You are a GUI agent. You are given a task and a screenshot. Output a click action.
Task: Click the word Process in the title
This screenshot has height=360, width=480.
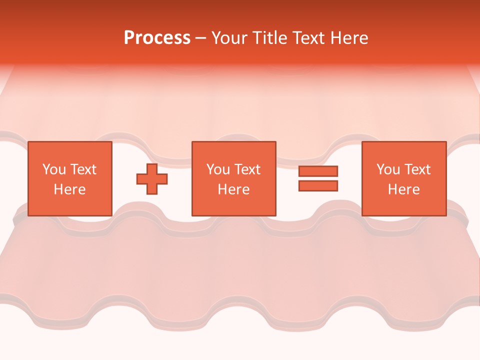point(157,38)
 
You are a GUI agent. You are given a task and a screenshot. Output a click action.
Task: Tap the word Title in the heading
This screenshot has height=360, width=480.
point(269,38)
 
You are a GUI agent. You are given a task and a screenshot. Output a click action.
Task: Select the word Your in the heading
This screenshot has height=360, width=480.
point(230,38)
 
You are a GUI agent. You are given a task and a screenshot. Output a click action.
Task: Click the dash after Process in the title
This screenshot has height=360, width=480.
point(201,39)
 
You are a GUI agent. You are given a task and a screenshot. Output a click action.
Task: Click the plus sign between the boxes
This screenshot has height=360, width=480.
point(152,179)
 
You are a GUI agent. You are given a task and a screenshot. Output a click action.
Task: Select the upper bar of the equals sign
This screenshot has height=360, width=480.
point(318,171)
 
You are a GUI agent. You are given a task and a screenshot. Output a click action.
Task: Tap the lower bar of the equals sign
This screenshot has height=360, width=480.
point(318,186)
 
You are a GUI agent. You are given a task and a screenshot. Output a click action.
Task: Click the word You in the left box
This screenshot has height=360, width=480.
point(54,169)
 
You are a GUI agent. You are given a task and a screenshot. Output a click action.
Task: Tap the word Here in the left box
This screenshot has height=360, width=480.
point(70,189)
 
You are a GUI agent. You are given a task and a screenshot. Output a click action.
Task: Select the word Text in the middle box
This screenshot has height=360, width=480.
point(247,169)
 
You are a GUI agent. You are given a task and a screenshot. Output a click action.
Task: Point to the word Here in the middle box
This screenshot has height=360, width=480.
point(234,189)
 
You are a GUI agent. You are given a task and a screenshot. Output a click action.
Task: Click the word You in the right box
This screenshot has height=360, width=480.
point(388,169)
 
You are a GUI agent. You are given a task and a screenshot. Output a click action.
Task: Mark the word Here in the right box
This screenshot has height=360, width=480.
point(404,189)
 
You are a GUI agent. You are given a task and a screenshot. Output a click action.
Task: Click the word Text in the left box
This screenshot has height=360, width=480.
point(83,169)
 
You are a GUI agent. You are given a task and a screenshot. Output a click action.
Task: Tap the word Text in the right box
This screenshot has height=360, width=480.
point(417,169)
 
